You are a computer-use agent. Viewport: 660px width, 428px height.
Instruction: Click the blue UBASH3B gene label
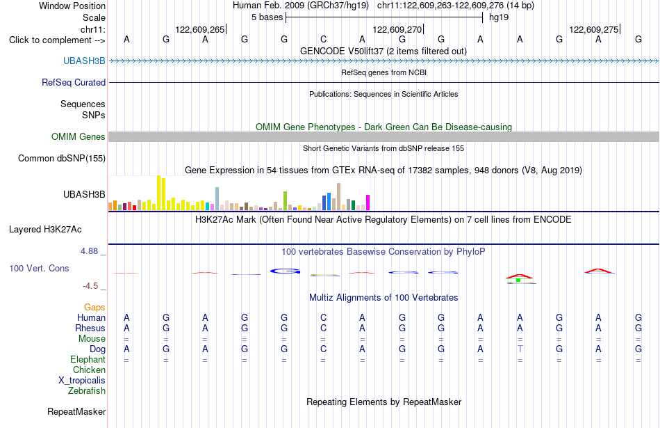tap(84, 61)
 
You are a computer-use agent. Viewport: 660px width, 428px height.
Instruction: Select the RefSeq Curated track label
tap(74, 82)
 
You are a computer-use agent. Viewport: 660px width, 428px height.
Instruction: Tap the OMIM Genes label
tap(79, 136)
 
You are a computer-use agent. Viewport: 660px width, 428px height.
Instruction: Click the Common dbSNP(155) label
tap(62, 158)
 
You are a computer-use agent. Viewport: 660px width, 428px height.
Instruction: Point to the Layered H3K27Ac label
tap(45, 230)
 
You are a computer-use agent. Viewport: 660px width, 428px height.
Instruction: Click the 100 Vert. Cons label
tap(39, 268)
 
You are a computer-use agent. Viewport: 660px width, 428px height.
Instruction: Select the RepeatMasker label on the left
tap(76, 411)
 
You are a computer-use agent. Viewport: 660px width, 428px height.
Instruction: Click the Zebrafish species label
tap(87, 391)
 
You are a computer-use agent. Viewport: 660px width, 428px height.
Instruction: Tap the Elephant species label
tap(88, 359)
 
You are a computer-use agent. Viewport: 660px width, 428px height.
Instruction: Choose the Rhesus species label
tap(90, 328)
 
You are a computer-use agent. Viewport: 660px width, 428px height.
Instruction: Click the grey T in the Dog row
tap(520, 349)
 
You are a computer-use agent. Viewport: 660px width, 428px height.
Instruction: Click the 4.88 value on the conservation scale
tap(89, 251)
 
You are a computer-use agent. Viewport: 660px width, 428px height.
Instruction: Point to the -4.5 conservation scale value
tap(90, 286)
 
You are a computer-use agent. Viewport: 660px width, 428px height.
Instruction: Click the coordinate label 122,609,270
tap(397, 29)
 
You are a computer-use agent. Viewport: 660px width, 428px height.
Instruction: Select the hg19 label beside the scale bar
tap(499, 17)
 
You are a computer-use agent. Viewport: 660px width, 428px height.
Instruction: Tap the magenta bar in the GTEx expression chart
tap(368, 203)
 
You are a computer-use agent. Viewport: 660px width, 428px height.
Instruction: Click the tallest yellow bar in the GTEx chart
tap(158, 193)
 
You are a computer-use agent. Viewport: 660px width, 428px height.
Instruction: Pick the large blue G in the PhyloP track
tap(285, 271)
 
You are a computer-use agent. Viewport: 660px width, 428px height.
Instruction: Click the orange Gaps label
tap(94, 308)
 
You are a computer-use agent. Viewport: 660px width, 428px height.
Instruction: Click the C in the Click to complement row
tap(323, 39)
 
